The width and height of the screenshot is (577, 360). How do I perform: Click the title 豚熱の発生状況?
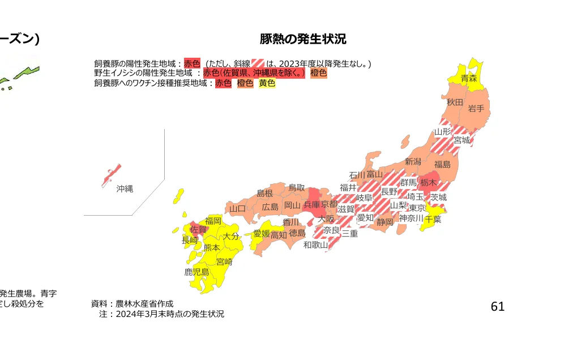click(x=303, y=39)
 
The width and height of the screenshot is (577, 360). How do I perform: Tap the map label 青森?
click(x=468, y=78)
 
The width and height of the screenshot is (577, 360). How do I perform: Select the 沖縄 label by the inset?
click(x=125, y=188)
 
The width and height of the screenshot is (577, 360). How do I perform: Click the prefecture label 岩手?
click(x=476, y=109)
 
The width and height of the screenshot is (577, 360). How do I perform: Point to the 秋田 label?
click(x=455, y=102)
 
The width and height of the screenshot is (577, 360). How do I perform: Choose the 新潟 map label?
click(x=413, y=162)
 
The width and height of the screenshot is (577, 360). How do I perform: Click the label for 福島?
click(x=442, y=165)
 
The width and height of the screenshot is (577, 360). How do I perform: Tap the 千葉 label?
click(x=433, y=219)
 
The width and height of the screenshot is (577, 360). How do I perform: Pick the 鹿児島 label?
click(x=196, y=272)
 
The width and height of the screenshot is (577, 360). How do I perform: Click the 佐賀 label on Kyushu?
click(x=198, y=230)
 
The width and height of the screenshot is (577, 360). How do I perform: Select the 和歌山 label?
click(x=315, y=245)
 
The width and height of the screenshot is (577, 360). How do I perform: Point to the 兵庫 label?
click(x=312, y=204)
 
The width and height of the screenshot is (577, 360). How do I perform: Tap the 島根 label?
click(x=264, y=193)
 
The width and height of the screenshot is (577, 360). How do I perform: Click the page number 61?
click(x=497, y=306)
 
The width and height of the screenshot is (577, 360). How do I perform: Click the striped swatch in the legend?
click(x=258, y=63)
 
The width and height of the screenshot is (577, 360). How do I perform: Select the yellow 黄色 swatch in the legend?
click(x=267, y=83)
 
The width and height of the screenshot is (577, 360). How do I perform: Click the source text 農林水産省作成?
click(x=144, y=303)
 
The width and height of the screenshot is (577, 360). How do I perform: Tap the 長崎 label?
click(x=190, y=240)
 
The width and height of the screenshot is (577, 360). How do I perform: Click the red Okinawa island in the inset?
click(x=112, y=175)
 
